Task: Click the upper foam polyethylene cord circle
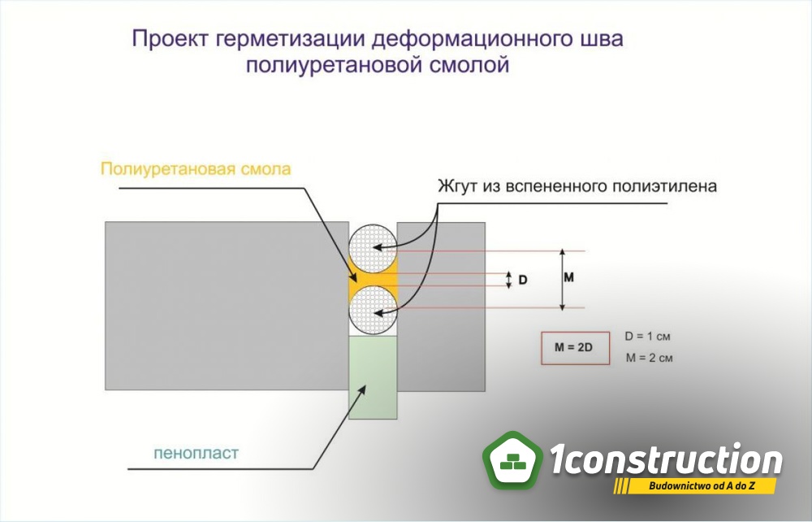click(373, 250)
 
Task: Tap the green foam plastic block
click(373, 377)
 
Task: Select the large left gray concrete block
click(227, 306)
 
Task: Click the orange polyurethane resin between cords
click(373, 281)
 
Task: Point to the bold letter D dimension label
click(523, 280)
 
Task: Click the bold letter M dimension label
click(568, 277)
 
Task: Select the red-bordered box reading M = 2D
click(576, 348)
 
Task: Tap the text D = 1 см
click(647, 337)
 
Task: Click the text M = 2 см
click(650, 358)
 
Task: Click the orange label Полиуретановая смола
click(196, 169)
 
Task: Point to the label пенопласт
click(197, 453)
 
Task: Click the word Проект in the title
click(170, 39)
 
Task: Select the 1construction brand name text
click(666, 459)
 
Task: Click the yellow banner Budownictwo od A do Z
click(695, 486)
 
